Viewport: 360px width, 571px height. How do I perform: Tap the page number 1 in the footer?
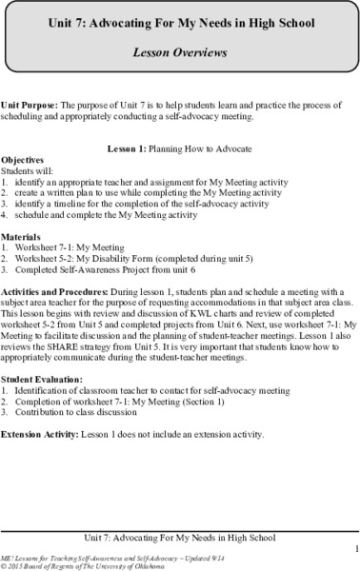(x=350, y=548)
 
